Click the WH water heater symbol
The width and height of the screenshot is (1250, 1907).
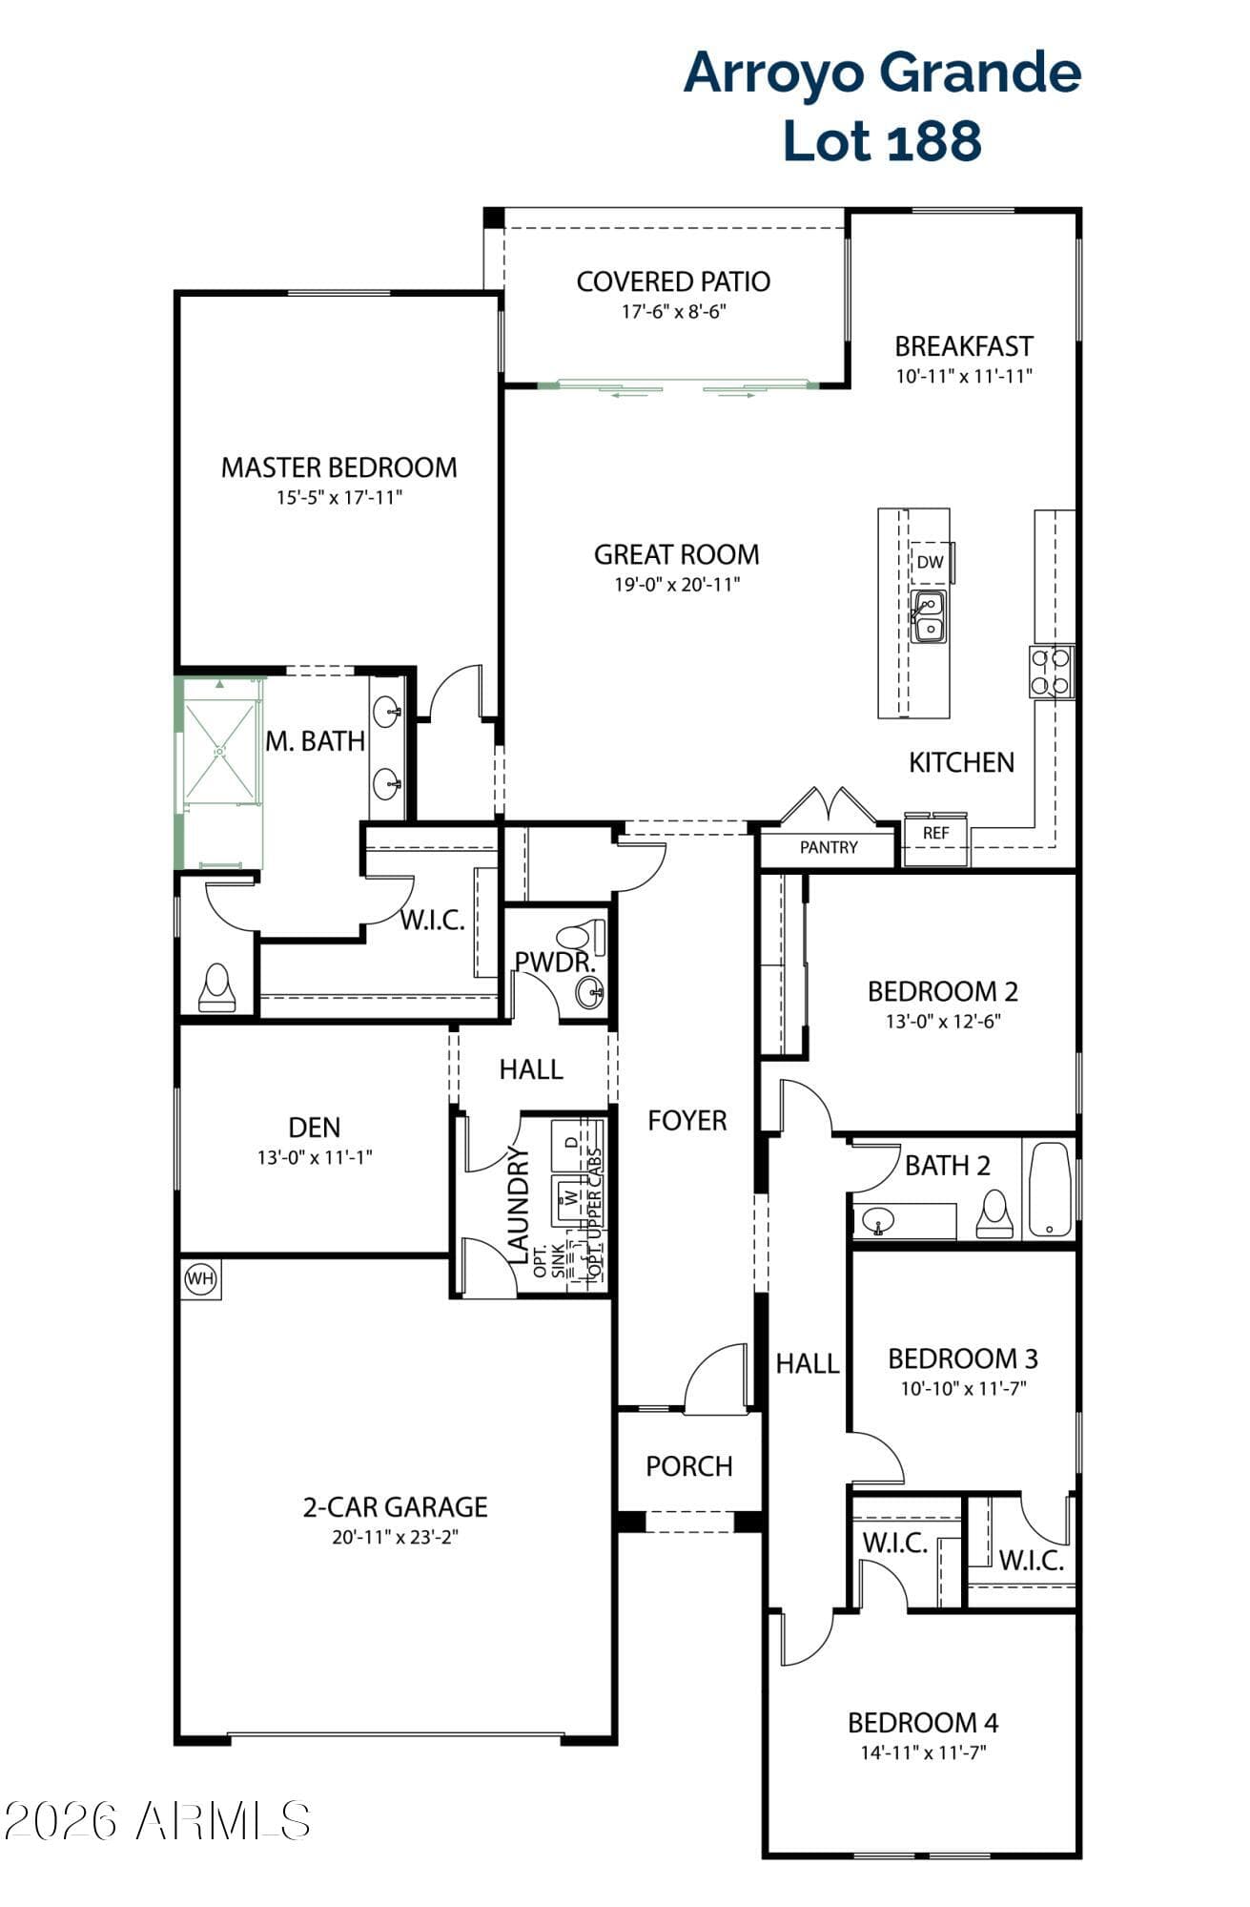(x=200, y=1279)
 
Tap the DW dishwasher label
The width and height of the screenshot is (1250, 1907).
(x=930, y=562)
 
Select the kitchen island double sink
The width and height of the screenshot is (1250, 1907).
(x=929, y=616)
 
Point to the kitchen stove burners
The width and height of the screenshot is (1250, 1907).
(x=1051, y=671)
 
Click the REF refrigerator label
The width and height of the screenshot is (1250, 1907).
(x=936, y=833)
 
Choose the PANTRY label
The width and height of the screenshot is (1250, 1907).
(x=829, y=847)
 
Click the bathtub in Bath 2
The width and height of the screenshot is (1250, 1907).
(x=1049, y=1190)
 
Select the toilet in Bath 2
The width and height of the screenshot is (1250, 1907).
(x=994, y=1214)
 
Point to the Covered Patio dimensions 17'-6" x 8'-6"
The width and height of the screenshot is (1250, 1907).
(x=673, y=311)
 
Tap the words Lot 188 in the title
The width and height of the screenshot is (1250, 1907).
(x=882, y=140)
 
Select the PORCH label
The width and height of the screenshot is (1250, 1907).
(x=689, y=1466)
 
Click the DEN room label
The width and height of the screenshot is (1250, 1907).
(x=315, y=1128)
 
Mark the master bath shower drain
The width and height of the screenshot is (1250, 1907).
(x=220, y=751)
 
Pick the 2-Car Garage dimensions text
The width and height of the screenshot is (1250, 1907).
(x=396, y=1537)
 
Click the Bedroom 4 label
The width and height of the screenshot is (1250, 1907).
(x=923, y=1723)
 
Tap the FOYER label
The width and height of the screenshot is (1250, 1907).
(x=687, y=1120)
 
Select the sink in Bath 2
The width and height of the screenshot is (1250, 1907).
(x=877, y=1220)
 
